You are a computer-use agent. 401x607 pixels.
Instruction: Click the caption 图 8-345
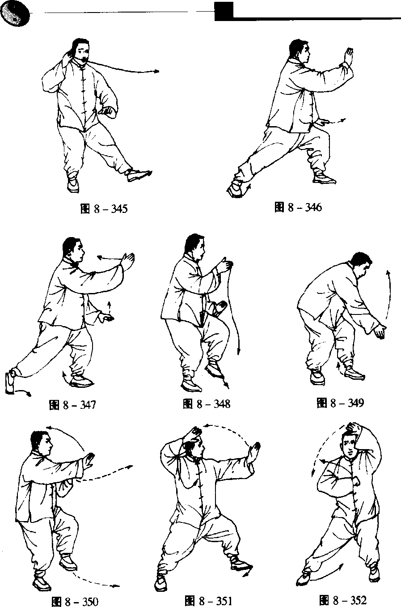point(104,209)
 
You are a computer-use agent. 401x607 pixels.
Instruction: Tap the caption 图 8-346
point(298,207)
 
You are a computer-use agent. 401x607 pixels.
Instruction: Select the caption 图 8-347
point(72,405)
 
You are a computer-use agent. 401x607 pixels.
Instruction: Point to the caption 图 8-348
point(207,404)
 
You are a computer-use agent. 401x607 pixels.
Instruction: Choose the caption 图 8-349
point(340,403)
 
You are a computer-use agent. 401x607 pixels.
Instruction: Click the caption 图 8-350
point(75,602)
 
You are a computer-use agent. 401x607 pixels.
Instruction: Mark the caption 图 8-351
point(208,601)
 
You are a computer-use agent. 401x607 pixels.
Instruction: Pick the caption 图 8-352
point(343,600)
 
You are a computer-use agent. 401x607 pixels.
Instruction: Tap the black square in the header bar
point(224,11)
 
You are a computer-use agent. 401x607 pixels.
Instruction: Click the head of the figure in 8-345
point(80,50)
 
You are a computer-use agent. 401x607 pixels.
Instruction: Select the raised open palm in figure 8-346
point(348,56)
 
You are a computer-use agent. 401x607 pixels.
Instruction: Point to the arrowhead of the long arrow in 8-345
point(157,71)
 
